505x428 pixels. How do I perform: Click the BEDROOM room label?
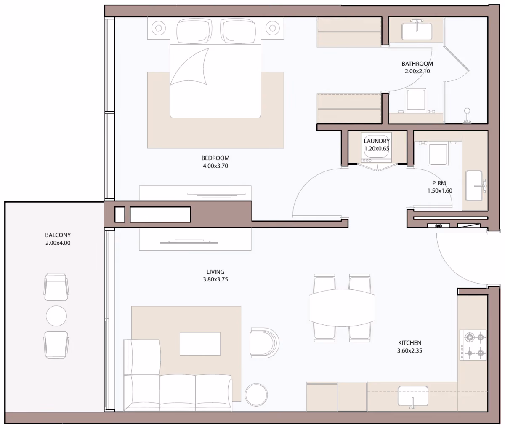tap(215, 158)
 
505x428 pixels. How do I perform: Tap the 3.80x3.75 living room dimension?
tap(215, 279)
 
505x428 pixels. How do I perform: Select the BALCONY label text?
tap(58, 235)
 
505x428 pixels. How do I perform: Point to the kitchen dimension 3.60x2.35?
tap(409, 350)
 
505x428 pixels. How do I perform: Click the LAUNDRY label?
tap(377, 141)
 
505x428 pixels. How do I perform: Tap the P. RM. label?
tap(439, 183)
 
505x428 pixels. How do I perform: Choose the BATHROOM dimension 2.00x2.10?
tap(417, 71)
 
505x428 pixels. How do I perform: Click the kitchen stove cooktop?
tap(473, 345)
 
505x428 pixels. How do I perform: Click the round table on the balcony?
tap(56, 316)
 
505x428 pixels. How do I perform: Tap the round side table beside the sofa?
tap(256, 395)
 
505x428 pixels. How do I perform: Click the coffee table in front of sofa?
tap(200, 344)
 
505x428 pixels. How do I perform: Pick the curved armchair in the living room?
tap(264, 343)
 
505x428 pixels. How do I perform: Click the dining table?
tap(342, 308)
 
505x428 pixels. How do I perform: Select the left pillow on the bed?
tap(194, 31)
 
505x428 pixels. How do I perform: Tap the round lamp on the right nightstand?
tap(272, 28)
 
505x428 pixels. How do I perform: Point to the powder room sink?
tap(474, 186)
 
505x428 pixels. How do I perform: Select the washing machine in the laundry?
tap(377, 147)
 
